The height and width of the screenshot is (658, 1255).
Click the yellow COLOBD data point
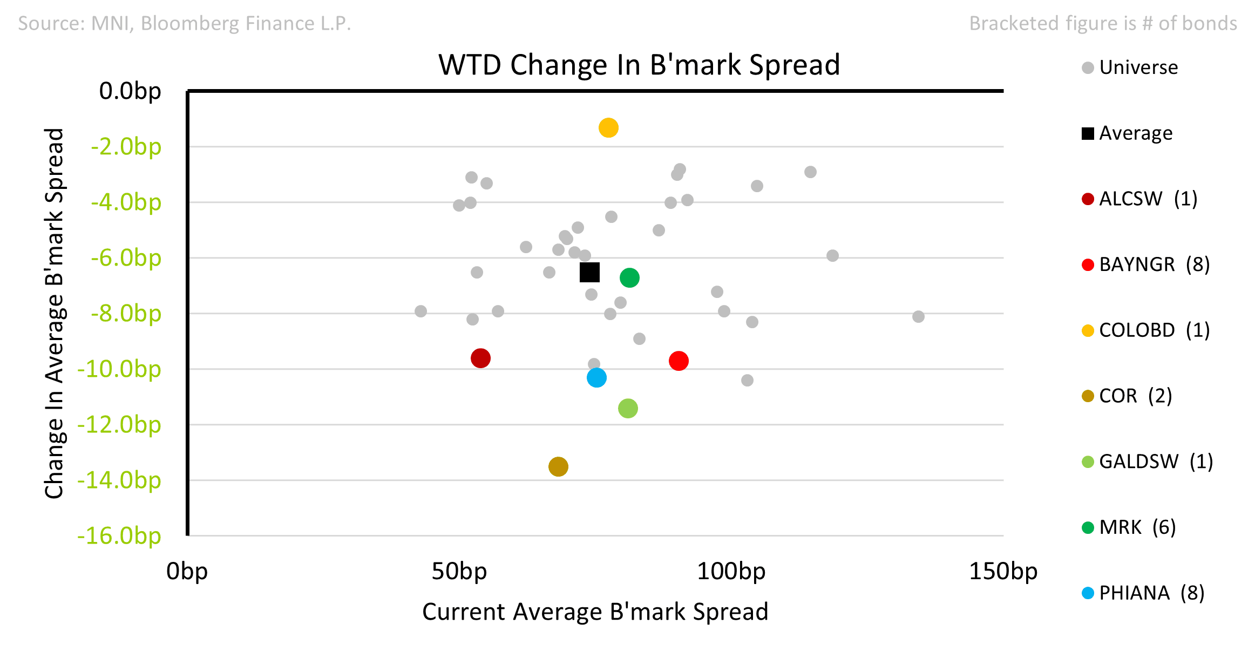pyautogui.click(x=608, y=128)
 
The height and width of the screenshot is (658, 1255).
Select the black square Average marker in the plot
pyautogui.click(x=589, y=272)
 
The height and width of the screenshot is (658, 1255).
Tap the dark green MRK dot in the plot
pyautogui.click(x=629, y=278)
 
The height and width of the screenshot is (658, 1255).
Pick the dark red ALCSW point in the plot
pyautogui.click(x=480, y=358)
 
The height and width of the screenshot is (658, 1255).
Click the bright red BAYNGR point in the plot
pyautogui.click(x=679, y=361)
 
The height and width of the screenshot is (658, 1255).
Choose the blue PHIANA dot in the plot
pyautogui.click(x=596, y=377)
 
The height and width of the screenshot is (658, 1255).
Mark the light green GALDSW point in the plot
pyautogui.click(x=628, y=408)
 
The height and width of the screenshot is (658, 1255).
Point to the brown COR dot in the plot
pyautogui.click(x=558, y=466)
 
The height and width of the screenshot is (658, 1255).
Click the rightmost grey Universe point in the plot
pyautogui.click(x=918, y=316)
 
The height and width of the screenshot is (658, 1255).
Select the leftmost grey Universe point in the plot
pyautogui.click(x=420, y=311)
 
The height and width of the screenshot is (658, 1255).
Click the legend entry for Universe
pyautogui.click(x=1130, y=67)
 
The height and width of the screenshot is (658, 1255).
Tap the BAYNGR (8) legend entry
pyautogui.click(x=1146, y=264)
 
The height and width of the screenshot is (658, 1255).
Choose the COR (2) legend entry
pyautogui.click(x=1127, y=396)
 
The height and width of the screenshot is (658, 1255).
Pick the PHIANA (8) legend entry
pyautogui.click(x=1143, y=593)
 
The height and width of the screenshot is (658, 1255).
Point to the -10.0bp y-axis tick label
pyautogui.click(x=119, y=369)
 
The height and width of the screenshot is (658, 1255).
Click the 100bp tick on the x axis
pyautogui.click(x=731, y=571)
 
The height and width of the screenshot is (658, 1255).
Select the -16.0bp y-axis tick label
pyautogui.click(x=119, y=536)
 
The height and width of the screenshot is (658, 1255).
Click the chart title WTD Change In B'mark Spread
pyautogui.click(x=639, y=65)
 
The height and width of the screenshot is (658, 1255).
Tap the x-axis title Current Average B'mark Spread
pyautogui.click(x=595, y=612)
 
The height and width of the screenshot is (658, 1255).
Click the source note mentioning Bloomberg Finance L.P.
pyautogui.click(x=185, y=23)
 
